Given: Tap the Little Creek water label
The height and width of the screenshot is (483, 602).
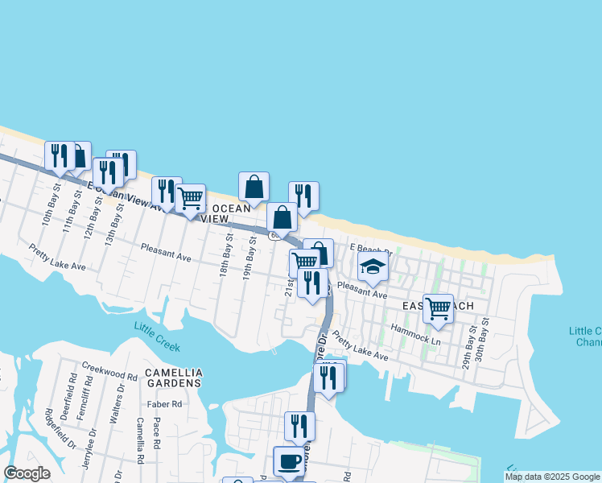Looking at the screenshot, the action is pos(157,336).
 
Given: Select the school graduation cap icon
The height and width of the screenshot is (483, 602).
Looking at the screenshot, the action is pos(373,267).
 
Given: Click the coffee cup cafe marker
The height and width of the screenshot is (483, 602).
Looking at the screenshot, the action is pos(290,462).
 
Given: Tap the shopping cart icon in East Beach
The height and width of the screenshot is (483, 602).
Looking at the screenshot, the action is pos(438,308).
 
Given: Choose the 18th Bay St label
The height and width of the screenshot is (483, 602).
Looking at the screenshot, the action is pos(227,255).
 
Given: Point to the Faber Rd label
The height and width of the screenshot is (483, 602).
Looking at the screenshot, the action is pos(161,404).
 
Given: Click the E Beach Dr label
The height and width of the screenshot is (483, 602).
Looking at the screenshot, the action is pos(370,248).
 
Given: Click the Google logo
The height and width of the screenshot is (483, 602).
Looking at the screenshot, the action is pos(27,473).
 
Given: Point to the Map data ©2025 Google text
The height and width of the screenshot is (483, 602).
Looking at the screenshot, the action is pos(552,477).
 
